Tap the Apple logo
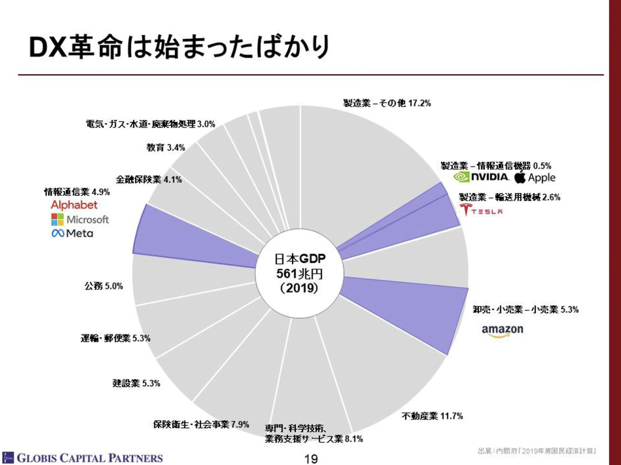[535, 177]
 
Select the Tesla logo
[481, 210]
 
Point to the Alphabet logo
[74, 205]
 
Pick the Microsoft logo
[80, 219]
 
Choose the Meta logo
[72, 233]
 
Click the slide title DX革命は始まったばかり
[179, 46]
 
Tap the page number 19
[311, 459]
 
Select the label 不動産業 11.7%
[432, 416]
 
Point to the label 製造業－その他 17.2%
[387, 103]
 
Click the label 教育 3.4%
[166, 148]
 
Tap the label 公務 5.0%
[104, 286]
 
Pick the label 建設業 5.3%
[136, 383]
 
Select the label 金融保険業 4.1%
[149, 180]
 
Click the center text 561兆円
[299, 273]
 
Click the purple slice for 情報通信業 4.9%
[194, 238]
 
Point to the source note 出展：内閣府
[537, 451]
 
